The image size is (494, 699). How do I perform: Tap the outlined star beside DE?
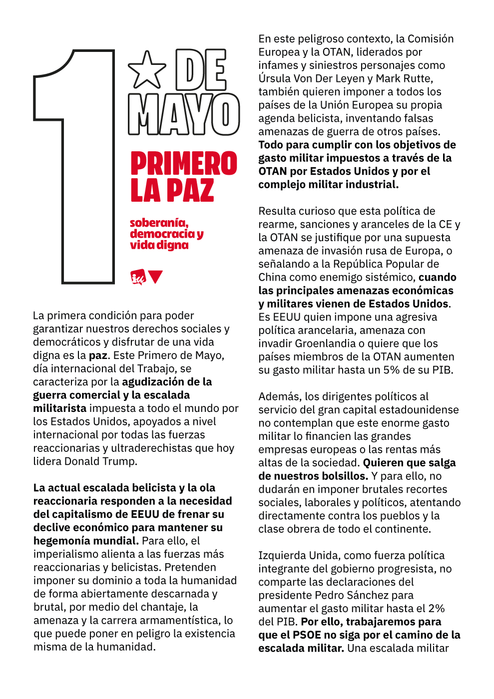147,70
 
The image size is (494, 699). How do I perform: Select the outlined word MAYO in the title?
184,114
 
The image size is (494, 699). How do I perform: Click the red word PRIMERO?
184,163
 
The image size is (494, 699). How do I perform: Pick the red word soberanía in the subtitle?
159,223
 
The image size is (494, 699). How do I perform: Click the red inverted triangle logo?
156,276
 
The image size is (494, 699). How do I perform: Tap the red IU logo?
137,277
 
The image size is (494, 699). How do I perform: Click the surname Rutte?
418,78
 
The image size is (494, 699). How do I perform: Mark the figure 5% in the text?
398,370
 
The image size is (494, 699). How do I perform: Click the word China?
273,277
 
